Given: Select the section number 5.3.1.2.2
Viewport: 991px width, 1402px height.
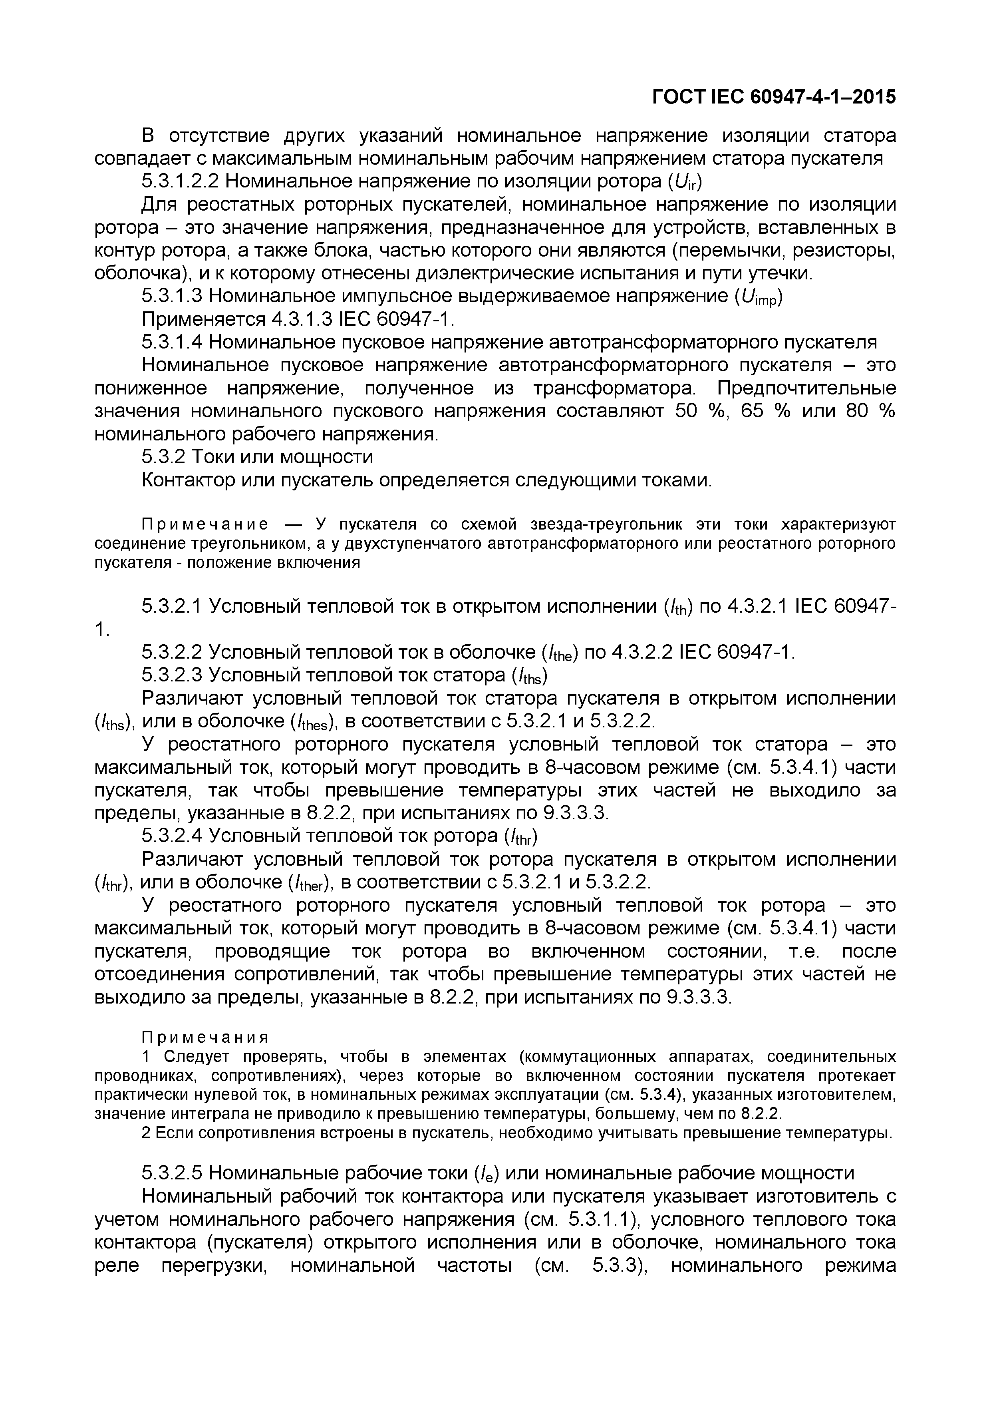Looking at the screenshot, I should (x=184, y=181).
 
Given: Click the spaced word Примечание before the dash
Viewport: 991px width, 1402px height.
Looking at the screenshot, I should (x=205, y=524).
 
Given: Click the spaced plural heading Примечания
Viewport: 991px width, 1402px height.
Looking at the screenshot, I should (x=205, y=1038).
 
